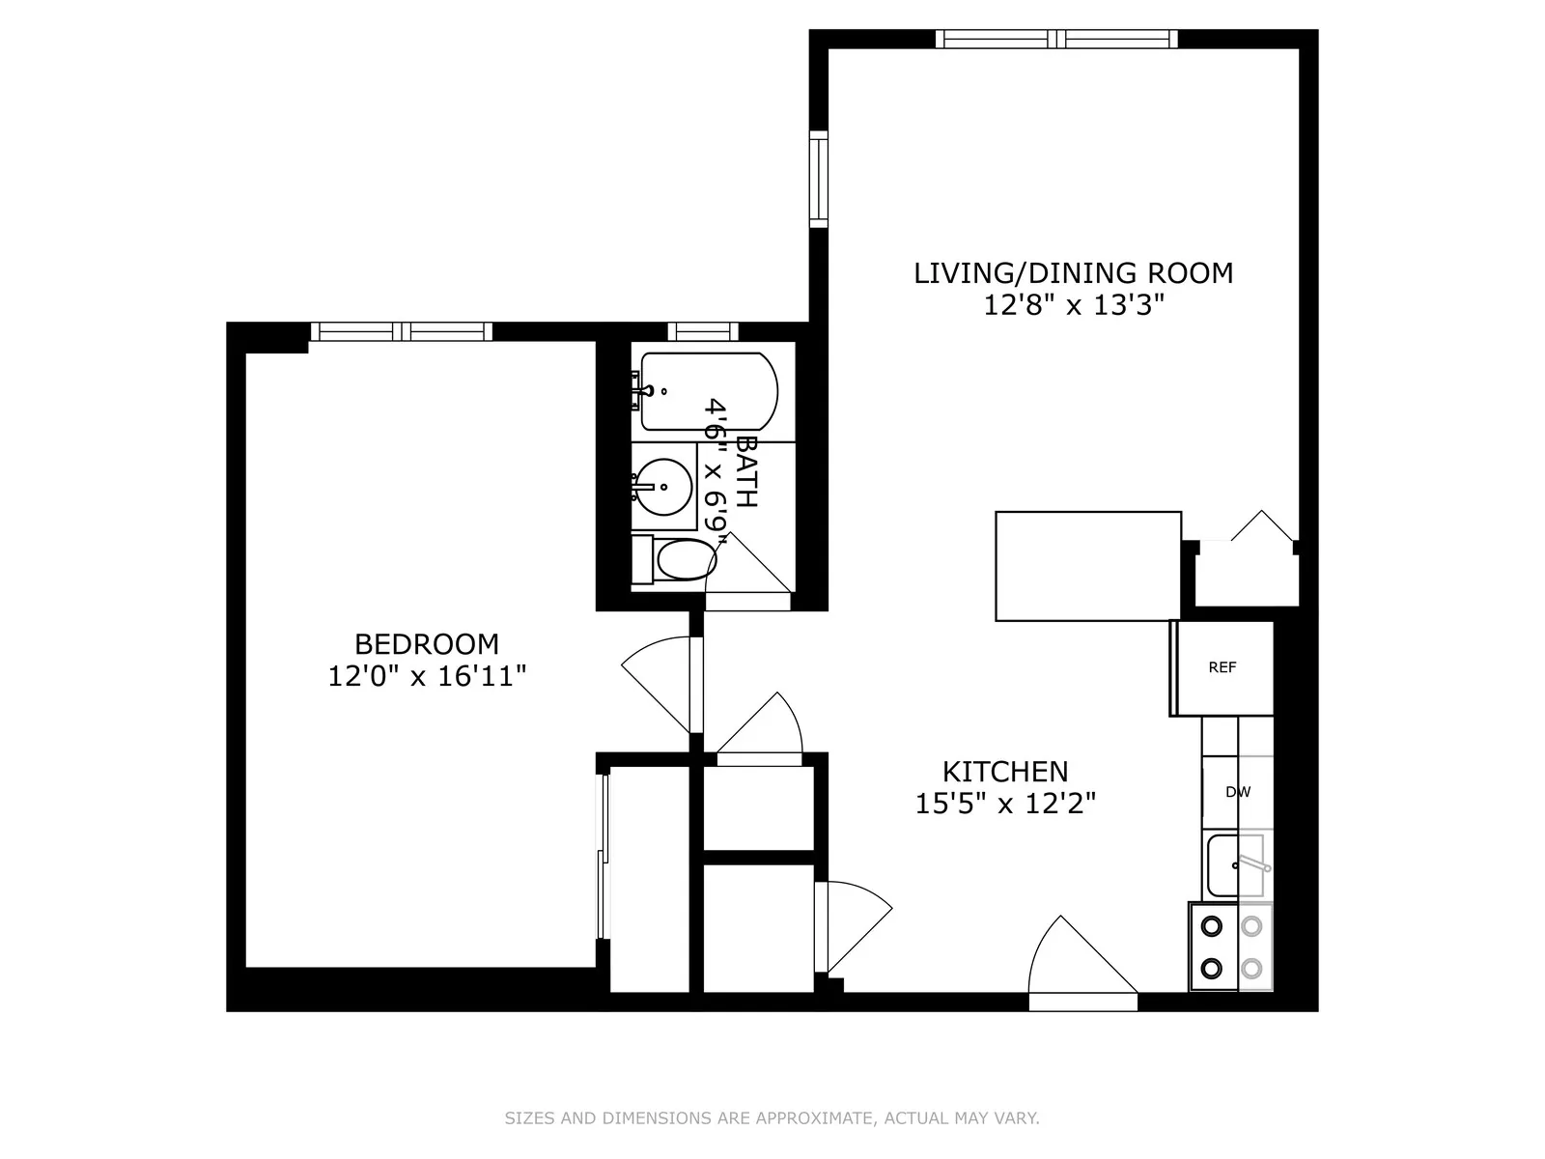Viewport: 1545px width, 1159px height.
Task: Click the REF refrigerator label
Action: pos(1222,667)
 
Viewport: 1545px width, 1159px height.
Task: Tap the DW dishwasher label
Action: pos(1237,792)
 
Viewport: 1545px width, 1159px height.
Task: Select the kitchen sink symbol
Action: pos(1236,865)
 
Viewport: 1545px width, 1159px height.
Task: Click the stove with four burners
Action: pos(1231,947)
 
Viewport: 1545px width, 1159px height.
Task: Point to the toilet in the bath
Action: pos(683,560)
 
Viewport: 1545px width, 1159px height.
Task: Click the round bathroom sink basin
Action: pos(664,486)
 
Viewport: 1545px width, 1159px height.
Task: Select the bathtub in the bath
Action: pos(708,391)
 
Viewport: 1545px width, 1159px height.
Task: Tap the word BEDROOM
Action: pos(427,643)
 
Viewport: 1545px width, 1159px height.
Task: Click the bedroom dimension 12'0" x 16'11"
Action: pos(427,676)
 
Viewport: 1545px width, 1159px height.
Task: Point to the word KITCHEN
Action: pos(1005,771)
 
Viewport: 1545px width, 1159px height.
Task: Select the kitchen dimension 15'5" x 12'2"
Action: pos(1005,804)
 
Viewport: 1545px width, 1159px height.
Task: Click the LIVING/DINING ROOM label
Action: pos(1073,273)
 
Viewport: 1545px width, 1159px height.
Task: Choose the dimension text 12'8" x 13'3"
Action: pos(1073,306)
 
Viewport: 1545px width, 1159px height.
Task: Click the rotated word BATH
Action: pos(745,470)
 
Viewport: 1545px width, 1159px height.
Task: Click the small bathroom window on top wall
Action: pos(702,331)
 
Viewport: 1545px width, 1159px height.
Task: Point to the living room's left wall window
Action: pos(819,180)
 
